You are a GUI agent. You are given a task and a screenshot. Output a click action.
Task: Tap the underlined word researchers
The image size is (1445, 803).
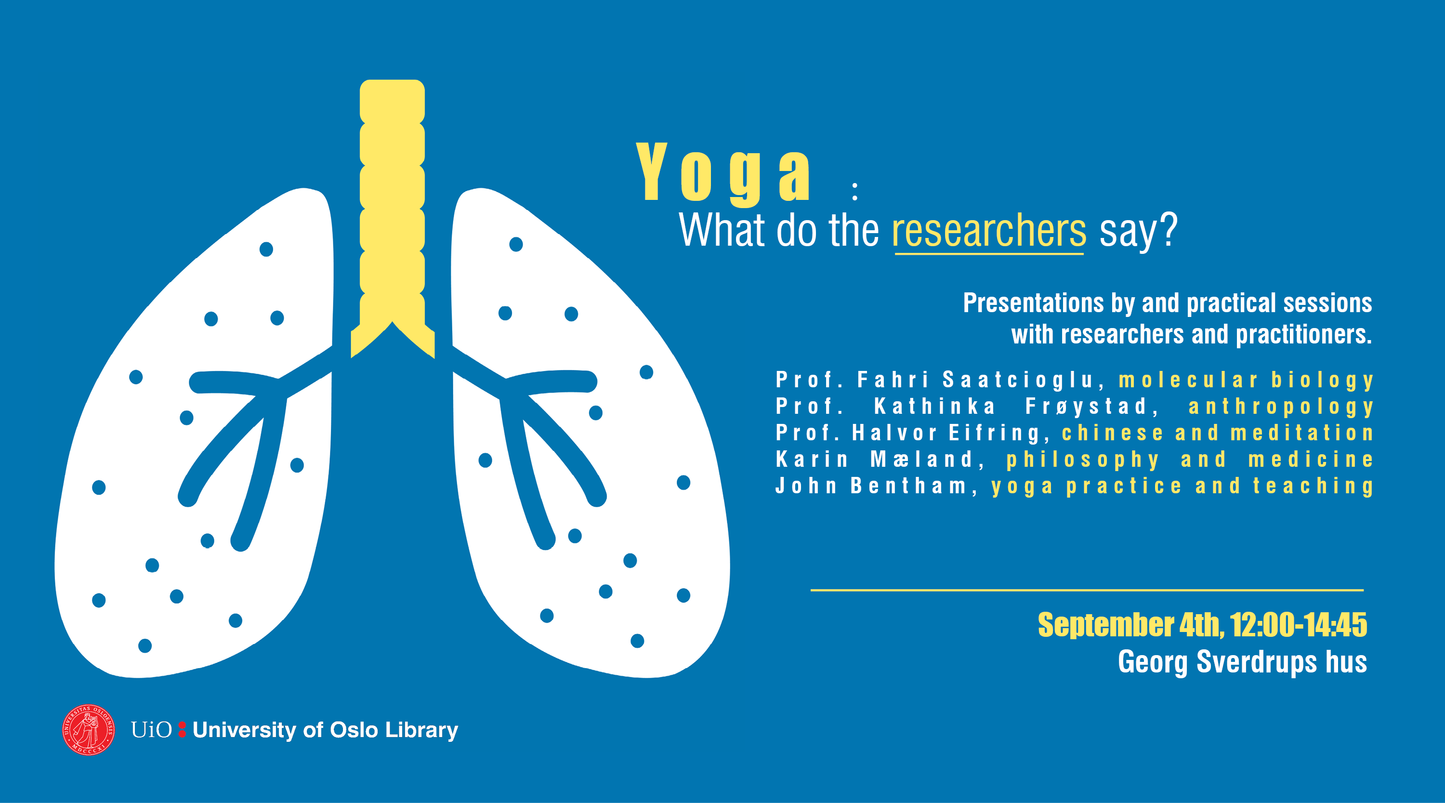tap(989, 231)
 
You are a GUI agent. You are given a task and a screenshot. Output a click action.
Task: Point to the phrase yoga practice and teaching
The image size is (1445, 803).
tap(1182, 487)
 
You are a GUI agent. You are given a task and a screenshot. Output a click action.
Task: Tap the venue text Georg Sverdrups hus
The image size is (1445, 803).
tap(1243, 662)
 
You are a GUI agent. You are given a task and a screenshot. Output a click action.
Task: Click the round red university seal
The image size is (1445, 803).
tap(89, 729)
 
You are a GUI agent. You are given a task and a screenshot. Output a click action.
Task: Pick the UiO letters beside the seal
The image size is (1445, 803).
tap(151, 729)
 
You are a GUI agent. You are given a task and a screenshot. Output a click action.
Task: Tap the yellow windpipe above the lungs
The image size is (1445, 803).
tap(392, 219)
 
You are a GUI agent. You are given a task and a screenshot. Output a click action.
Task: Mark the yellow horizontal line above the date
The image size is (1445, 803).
tap(1087, 590)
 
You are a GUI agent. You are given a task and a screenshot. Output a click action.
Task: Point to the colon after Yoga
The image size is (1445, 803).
tap(855, 191)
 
